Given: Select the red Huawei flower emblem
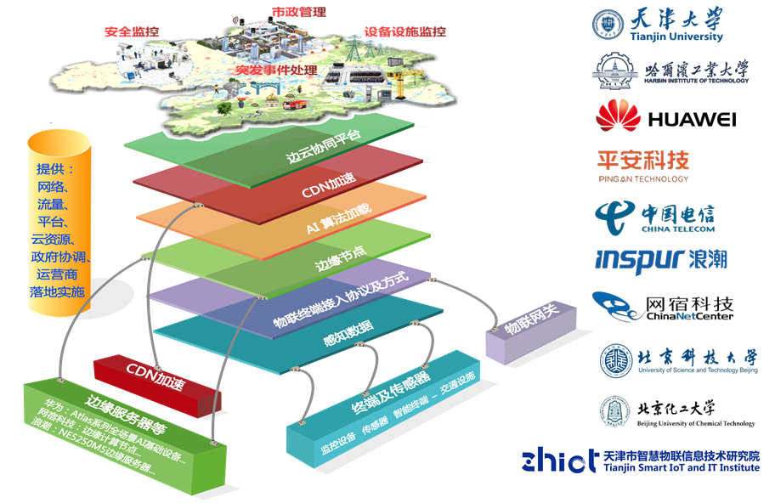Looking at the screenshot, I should tap(618, 116).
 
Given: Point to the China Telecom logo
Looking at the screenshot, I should tap(654, 215).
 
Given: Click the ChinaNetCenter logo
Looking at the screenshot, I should tap(663, 306).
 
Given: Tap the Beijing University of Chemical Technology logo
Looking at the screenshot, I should tap(676, 412).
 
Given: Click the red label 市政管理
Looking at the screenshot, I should tap(298, 13).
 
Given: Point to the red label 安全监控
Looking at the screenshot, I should tap(132, 31).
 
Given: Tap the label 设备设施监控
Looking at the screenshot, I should tap(404, 31).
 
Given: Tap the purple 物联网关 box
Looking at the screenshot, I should tap(519, 328).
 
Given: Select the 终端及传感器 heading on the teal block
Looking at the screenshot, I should tap(392, 393).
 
